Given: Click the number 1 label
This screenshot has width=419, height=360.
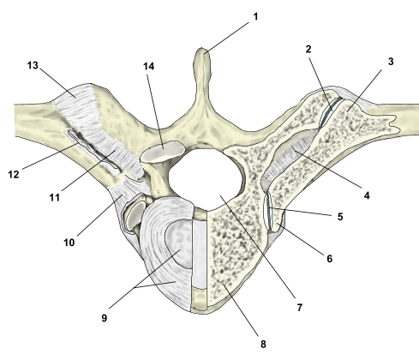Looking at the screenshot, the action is click(x=255, y=16).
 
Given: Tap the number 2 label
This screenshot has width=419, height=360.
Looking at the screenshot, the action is click(x=308, y=49).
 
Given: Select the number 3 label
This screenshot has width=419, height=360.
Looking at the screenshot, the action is click(x=391, y=61).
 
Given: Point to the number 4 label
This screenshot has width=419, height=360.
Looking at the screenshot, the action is click(x=367, y=195).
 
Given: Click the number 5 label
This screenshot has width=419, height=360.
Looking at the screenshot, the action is click(x=340, y=217).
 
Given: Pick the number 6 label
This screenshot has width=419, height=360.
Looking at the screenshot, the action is click(x=330, y=259).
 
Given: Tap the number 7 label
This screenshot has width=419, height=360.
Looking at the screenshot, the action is click(x=299, y=308).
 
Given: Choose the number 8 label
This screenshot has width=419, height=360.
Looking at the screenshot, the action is click(x=263, y=344).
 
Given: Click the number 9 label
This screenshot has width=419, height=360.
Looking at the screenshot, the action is click(x=105, y=318).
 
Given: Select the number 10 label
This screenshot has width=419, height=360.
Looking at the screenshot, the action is click(x=69, y=243).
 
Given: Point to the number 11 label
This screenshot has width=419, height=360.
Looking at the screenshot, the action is click(x=54, y=197).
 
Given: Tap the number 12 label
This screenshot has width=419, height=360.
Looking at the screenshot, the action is click(x=14, y=174).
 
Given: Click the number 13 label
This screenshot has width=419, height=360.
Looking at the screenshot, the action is click(x=33, y=65).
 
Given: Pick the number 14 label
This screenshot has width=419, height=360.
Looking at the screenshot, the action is click(x=148, y=66).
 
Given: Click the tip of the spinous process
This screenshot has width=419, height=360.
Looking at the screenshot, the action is click(x=203, y=49).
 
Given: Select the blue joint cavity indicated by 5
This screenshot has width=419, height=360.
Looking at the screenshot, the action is click(x=268, y=210).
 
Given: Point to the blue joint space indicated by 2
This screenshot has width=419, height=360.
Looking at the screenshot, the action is click(x=330, y=112).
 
